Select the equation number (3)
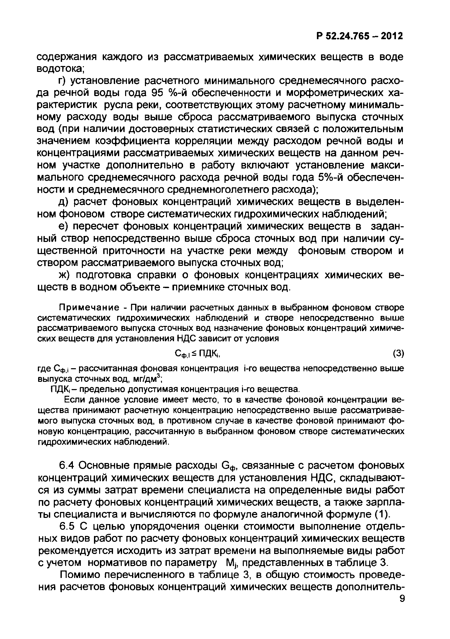point(398,354)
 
